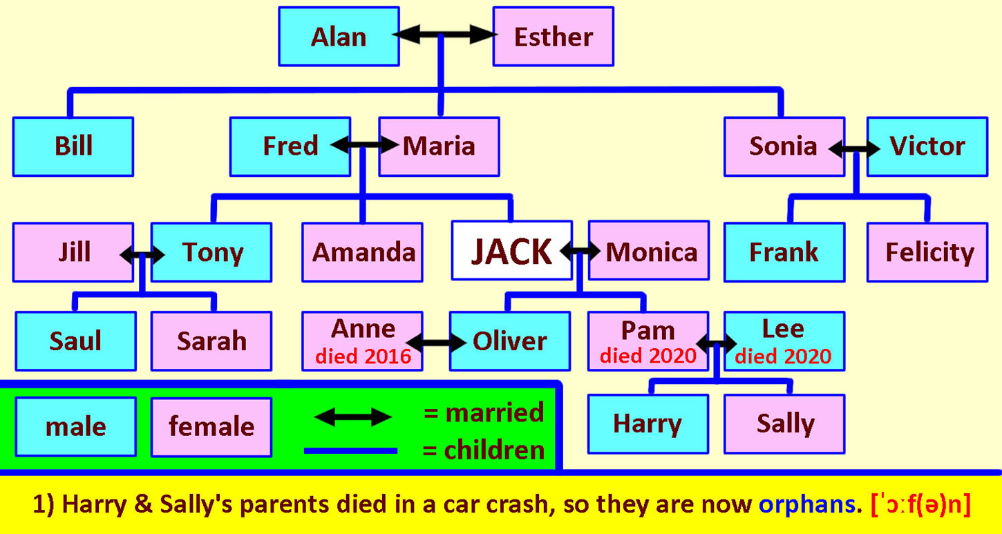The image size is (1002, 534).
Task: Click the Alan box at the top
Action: point(339,37)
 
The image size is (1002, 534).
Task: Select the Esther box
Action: point(554,37)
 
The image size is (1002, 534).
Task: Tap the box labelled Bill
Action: point(73,146)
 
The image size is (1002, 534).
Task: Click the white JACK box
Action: point(512,251)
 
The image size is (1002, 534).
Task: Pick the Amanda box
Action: point(362,252)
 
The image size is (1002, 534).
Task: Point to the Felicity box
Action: point(927,252)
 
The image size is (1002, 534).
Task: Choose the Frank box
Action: point(784,252)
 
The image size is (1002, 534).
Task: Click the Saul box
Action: point(75,341)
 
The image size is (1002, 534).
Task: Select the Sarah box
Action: point(211,341)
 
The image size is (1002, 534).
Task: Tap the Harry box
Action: point(648,424)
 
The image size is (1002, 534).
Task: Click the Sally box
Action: point(784,424)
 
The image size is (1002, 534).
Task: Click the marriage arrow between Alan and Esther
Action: point(445,35)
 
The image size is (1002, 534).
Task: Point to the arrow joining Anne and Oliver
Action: point(436,343)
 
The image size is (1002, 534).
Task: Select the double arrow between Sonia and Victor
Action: point(854,149)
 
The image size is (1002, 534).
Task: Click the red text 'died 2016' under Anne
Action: point(363,356)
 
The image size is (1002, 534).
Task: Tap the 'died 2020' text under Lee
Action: point(783,356)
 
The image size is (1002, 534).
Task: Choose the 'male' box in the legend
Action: point(75,427)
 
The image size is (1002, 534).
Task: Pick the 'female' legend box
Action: point(211,427)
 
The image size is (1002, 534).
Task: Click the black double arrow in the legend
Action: point(353,417)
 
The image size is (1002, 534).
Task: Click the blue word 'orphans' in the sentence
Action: point(806,504)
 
